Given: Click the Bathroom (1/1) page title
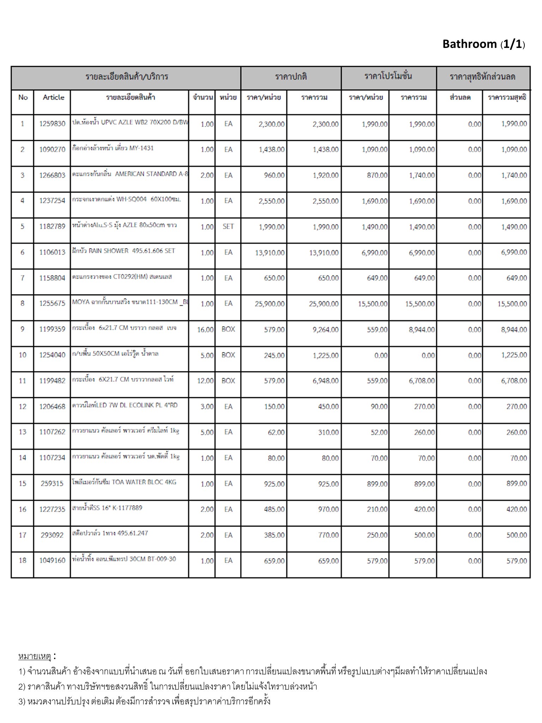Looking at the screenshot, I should coord(483,44).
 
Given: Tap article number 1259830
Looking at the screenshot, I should coord(52,124).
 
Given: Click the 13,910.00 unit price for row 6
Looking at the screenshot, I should coord(270,253).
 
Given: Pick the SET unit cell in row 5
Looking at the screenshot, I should coord(228,227).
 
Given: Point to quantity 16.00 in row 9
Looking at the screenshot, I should coord(205,330).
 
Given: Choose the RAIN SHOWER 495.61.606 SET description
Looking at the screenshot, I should coord(124,251).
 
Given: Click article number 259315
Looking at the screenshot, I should coord(52,484).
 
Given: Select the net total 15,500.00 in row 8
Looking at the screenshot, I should coord(512,304).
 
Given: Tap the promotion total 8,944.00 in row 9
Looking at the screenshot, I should coord(422,330).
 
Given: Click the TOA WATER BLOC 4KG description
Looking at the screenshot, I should coord(124,482).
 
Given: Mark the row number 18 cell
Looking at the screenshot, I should coord(23,561).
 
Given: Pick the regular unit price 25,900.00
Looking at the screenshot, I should coord(270,304).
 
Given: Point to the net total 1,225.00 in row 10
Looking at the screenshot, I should coord(514,355).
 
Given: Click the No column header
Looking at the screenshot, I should coord(23,97).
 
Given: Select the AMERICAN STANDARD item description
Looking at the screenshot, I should coord(130,174).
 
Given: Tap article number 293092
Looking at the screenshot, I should coord(52,535).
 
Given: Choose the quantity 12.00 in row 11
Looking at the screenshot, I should coord(205,381).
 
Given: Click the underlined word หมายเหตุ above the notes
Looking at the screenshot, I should coord(35,657).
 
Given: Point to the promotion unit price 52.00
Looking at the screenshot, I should coord(379,432).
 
